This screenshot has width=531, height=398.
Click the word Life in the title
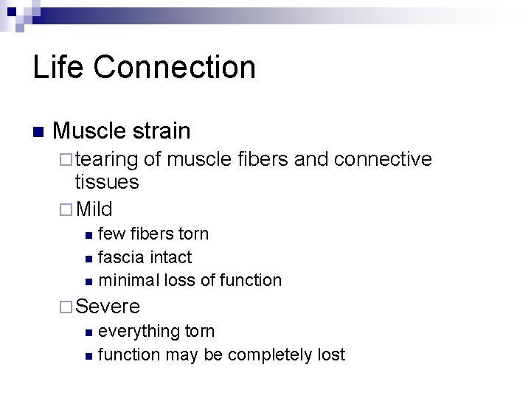coord(56,67)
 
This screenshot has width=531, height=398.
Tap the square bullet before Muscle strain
coord(38,133)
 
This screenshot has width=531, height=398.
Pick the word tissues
coord(107,182)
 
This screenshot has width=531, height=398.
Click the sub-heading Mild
coord(94,209)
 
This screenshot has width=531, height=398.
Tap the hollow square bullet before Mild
coord(66,209)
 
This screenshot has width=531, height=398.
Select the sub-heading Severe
coord(108,306)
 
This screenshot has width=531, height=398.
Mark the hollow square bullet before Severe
coord(66,306)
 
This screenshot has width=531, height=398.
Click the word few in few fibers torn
coord(111,234)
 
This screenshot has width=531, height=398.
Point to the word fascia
coord(121,257)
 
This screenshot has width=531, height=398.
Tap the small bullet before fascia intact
coord(88,258)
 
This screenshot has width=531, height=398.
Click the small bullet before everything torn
coord(88,332)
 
